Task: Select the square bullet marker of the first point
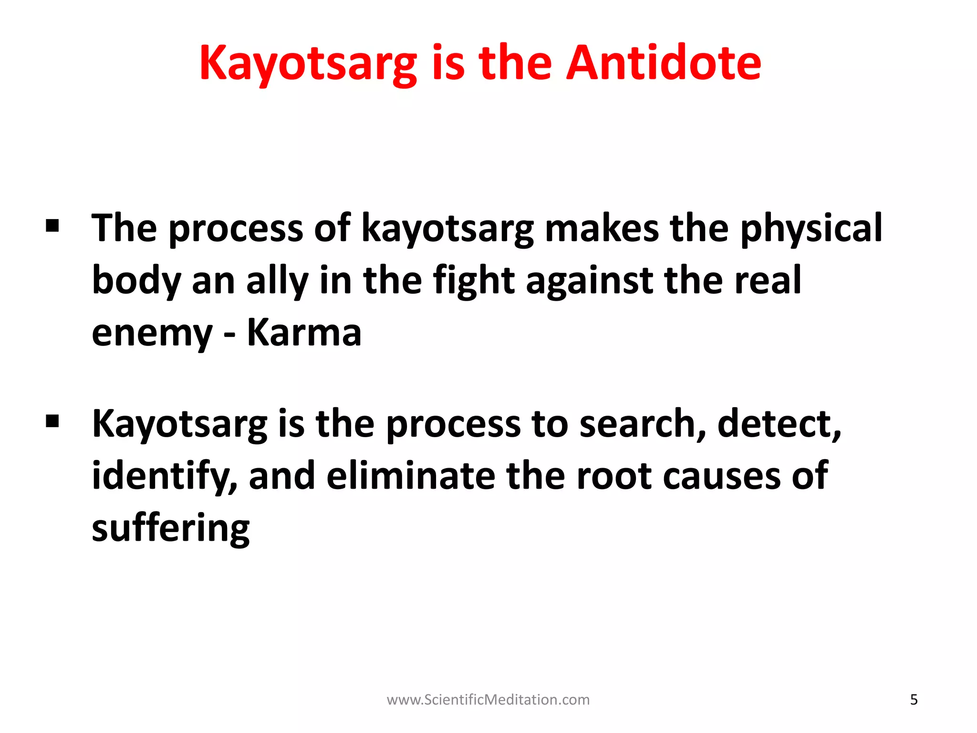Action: coord(52,225)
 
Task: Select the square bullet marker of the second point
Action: coord(52,421)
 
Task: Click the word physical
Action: coord(811,229)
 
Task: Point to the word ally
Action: coord(277,282)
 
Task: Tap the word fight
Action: coord(474,282)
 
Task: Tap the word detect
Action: coord(779,424)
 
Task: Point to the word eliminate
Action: coord(411,476)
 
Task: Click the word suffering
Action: coord(171,529)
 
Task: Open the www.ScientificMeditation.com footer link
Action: coord(488,700)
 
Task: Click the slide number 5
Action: coord(914,700)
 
